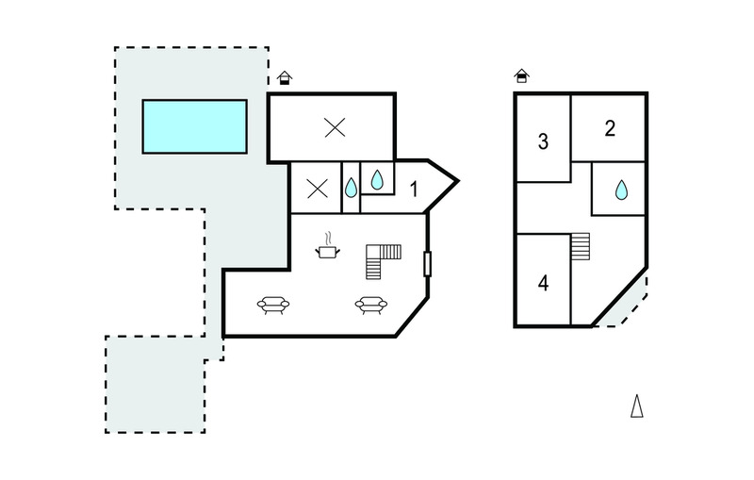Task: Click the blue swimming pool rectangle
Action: pyautogui.click(x=195, y=126)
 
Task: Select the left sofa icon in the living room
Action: pyautogui.click(x=273, y=305)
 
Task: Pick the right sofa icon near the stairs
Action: pyautogui.click(x=370, y=305)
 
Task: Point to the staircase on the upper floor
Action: pyautogui.click(x=581, y=246)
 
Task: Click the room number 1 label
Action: pyautogui.click(x=414, y=190)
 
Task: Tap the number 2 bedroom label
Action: pyautogui.click(x=610, y=128)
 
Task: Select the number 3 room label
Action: pyautogui.click(x=543, y=141)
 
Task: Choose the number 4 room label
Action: pyautogui.click(x=543, y=283)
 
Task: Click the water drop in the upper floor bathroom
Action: pyautogui.click(x=621, y=190)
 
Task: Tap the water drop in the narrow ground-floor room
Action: pyautogui.click(x=351, y=188)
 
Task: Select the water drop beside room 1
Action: pyautogui.click(x=377, y=179)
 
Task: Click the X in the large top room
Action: pyautogui.click(x=335, y=128)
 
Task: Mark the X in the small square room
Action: pyautogui.click(x=318, y=189)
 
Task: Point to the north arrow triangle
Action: pyautogui.click(x=637, y=406)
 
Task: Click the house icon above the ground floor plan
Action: pyautogui.click(x=285, y=78)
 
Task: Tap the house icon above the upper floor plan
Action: pyautogui.click(x=521, y=76)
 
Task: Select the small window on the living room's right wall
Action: pyautogui.click(x=427, y=264)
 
